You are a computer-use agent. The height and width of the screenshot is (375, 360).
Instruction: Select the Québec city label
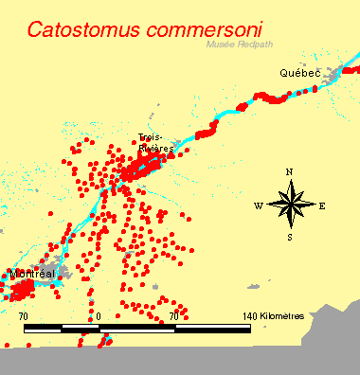click(299, 72)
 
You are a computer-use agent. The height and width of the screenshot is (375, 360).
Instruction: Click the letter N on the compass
click(291, 172)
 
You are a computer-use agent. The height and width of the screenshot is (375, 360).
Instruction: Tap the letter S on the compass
click(291, 236)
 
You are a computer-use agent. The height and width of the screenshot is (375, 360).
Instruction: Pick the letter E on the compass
click(322, 205)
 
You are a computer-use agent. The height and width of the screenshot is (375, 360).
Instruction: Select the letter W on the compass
click(258, 205)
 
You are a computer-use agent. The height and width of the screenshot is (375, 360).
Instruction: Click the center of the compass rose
click(291, 204)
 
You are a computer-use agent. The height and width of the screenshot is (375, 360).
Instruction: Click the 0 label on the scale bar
click(99, 315)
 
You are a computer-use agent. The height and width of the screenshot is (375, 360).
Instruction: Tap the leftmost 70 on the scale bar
click(24, 315)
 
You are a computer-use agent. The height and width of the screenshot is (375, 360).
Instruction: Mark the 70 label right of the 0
click(175, 315)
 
